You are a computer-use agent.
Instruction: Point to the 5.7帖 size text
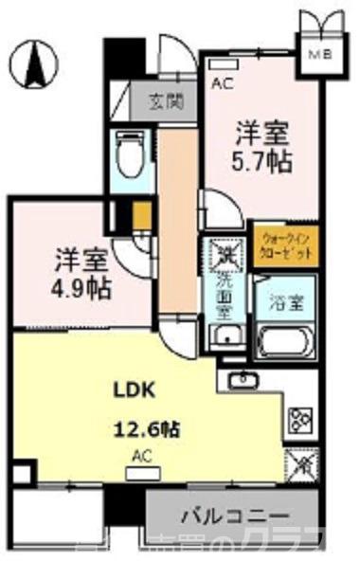pyautogui.click(x=262, y=162)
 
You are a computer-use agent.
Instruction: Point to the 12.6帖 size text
pyautogui.click(x=148, y=428)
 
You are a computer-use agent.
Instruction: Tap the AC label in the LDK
pyautogui.click(x=142, y=456)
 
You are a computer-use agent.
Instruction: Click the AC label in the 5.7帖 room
pyautogui.click(x=222, y=83)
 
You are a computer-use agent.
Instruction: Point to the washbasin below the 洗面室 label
pyautogui.click(x=224, y=339)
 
